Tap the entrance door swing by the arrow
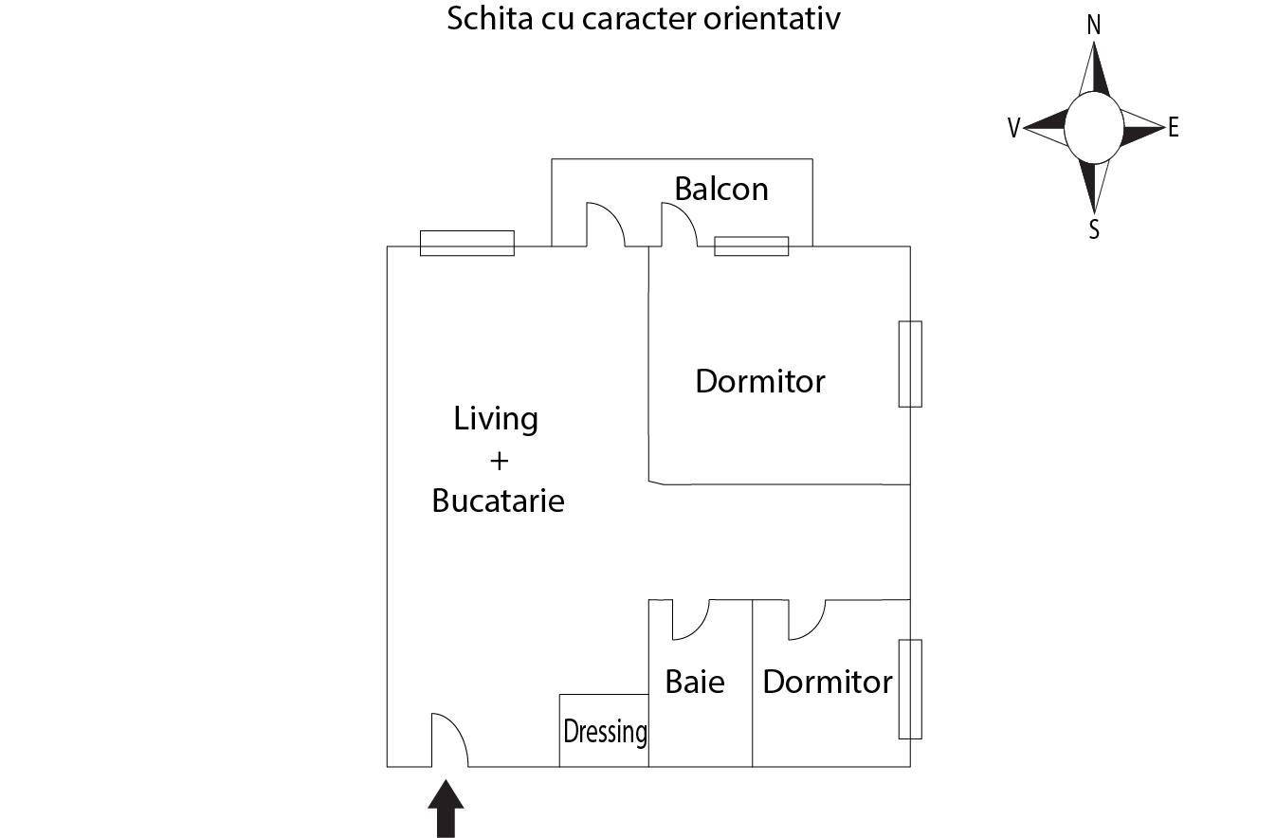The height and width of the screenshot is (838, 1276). (x=449, y=741)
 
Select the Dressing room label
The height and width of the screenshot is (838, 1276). (x=605, y=732)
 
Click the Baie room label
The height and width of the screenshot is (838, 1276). (x=695, y=682)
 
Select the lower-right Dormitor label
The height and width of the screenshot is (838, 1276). (x=828, y=682)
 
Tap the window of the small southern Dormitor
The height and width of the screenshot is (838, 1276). (x=910, y=689)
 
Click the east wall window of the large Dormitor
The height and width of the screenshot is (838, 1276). (x=910, y=364)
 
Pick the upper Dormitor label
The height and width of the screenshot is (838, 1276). (x=760, y=381)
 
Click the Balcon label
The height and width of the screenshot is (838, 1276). (x=721, y=189)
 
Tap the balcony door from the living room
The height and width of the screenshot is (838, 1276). (x=605, y=226)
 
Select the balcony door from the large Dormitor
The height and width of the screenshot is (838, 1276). (x=679, y=226)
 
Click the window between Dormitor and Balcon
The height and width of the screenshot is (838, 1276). (x=751, y=246)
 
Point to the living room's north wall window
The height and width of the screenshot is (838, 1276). (x=467, y=244)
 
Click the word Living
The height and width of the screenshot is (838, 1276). (x=496, y=418)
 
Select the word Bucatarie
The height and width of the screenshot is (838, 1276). (x=498, y=501)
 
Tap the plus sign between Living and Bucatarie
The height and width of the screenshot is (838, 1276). (x=499, y=461)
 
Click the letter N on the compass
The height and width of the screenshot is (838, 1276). (x=1093, y=26)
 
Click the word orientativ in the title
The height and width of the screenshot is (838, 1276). (x=772, y=18)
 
